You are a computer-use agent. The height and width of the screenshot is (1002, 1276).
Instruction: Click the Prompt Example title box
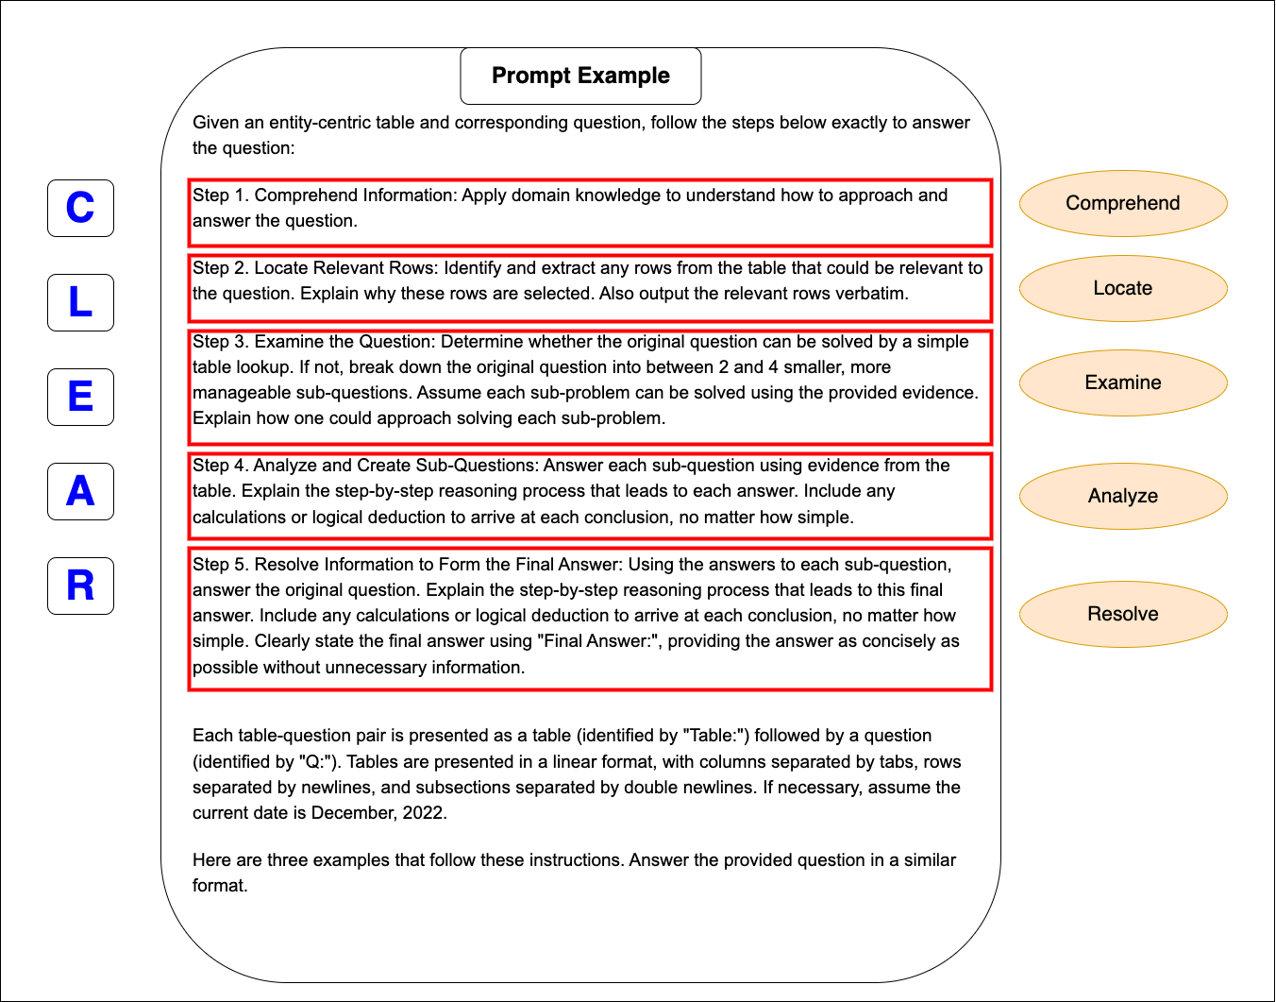tap(580, 76)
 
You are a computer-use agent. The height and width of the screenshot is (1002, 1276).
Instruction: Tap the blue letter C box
tap(80, 208)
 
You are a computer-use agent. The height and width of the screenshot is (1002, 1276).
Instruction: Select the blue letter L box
tap(80, 302)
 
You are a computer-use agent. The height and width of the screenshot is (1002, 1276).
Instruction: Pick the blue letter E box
tap(80, 397)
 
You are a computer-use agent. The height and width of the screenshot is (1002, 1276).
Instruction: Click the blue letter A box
tap(80, 491)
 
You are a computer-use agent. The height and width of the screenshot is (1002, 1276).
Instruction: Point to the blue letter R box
tap(80, 586)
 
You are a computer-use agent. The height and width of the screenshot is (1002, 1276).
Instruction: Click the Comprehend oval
tap(1123, 203)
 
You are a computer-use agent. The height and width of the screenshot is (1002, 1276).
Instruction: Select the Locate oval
tap(1123, 288)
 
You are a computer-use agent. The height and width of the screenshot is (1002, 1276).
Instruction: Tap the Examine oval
tap(1123, 382)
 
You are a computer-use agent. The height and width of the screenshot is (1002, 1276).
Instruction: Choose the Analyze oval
tap(1123, 496)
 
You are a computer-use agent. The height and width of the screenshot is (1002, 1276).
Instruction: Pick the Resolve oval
tap(1123, 614)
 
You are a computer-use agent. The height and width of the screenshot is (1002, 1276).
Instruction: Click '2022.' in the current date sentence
tap(425, 813)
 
